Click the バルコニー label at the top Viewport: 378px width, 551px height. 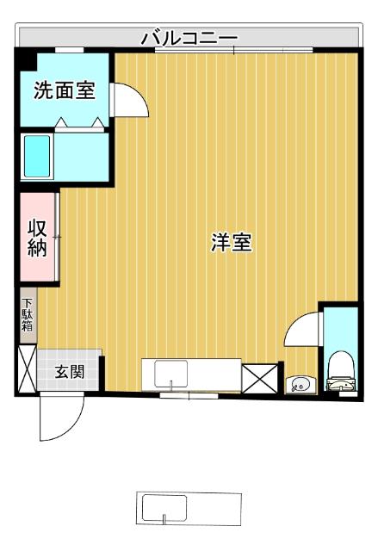[x=189, y=37]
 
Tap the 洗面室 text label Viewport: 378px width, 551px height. [x=64, y=91]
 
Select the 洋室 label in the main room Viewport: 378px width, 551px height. [x=232, y=243]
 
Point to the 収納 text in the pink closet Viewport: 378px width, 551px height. [x=37, y=238]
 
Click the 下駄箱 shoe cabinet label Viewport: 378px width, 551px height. [x=28, y=315]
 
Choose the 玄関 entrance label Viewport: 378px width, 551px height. [x=70, y=372]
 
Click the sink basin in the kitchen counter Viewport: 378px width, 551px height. [x=170, y=375]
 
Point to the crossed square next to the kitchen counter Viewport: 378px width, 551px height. [x=257, y=378]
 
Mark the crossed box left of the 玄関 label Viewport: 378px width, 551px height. [x=27, y=368]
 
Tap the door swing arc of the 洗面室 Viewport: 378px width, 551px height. [x=133, y=98]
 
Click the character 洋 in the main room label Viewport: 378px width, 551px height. [x=221, y=243]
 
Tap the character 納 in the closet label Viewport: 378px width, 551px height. [x=37, y=249]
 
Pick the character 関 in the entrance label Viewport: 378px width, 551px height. [x=77, y=372]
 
